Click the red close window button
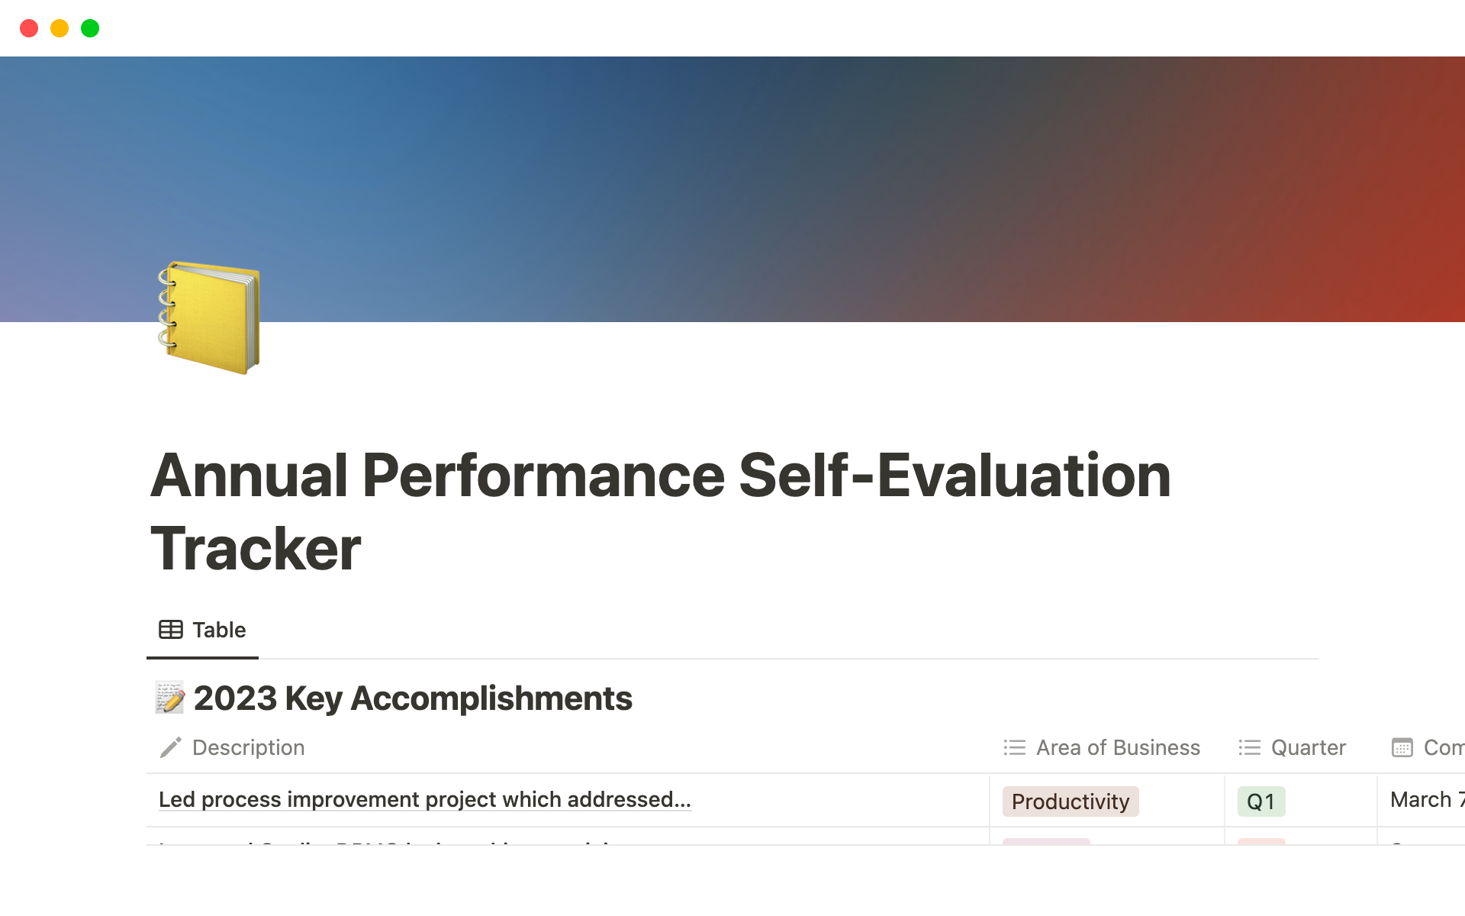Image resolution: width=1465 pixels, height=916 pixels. tap(29, 28)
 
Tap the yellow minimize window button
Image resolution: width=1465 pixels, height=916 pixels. tap(60, 28)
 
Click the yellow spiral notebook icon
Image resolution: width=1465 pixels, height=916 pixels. tap(208, 318)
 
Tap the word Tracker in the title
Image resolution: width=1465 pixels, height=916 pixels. tap(256, 548)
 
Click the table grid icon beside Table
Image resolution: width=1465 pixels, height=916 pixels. tap(170, 630)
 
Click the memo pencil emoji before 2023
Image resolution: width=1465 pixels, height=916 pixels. tap(169, 698)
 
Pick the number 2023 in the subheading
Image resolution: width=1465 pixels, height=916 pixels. tap(235, 698)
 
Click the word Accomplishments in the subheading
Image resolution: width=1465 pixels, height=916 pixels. tap(491, 698)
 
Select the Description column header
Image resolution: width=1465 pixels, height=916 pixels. tap(248, 747)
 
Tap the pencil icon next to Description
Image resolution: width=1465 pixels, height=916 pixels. tap(170, 747)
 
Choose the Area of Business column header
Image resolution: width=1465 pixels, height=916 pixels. tap(1117, 747)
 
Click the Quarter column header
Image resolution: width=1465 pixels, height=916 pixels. tap(1308, 747)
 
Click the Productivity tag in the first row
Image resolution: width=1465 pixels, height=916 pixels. tap(1070, 801)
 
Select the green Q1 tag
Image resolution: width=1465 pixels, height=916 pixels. tap(1261, 801)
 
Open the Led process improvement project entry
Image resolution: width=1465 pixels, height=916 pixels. tap(424, 799)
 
